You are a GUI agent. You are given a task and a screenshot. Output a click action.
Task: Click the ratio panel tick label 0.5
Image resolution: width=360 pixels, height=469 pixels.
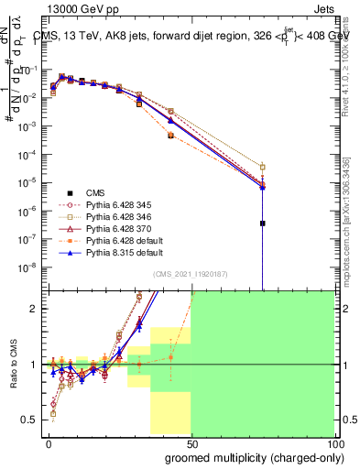pos(30,420)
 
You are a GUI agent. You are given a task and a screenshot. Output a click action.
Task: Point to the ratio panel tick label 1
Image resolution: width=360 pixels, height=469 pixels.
pos(34,365)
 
